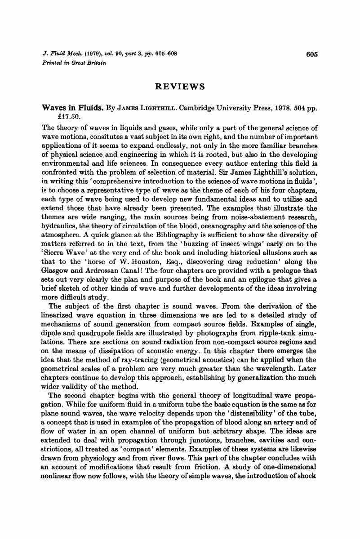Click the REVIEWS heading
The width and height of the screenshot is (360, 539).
tap(180, 86)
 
